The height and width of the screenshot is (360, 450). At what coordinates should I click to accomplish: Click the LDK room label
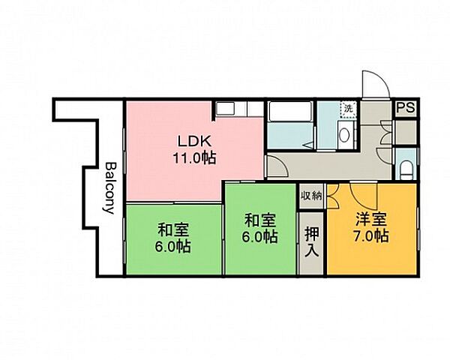(196, 141)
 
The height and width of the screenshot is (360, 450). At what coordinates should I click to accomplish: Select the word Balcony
(110, 187)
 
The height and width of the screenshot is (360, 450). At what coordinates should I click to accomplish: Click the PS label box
(406, 107)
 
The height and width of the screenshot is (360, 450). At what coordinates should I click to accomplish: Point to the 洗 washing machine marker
(347, 109)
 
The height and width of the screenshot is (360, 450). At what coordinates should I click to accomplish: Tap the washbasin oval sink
(344, 137)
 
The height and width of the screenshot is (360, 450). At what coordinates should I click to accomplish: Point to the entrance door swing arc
(375, 85)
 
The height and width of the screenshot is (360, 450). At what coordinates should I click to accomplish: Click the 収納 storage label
(312, 196)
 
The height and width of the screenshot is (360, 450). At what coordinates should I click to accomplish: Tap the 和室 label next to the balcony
(173, 230)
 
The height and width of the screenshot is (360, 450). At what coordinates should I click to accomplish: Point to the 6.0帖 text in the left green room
(173, 247)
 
